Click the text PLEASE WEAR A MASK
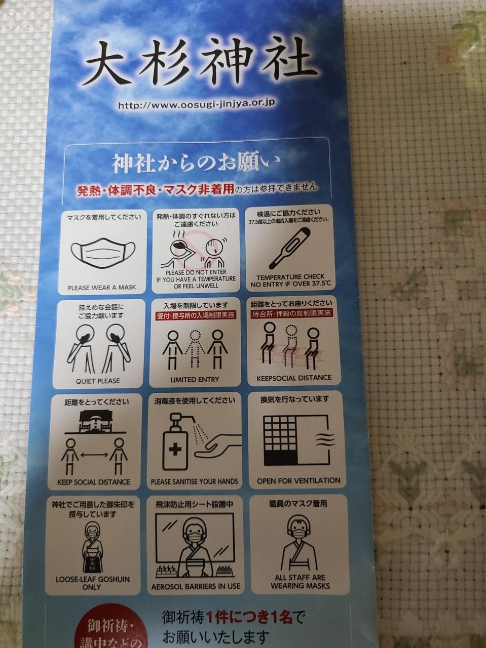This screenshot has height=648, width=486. point(102,287)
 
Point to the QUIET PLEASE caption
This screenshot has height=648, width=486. point(98,381)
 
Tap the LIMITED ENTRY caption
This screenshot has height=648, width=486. point(195,380)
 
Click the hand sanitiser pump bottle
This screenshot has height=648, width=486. point(175,442)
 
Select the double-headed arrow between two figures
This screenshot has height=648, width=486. point(94,455)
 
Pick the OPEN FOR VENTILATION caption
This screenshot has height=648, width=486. point(298,480)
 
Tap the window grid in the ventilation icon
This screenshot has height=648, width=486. point(280,440)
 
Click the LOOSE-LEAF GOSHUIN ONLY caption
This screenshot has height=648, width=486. point(92,583)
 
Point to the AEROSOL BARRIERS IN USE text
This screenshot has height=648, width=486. point(196,586)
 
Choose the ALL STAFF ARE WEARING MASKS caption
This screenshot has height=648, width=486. point(300,581)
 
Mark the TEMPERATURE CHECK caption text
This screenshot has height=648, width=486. point(290,277)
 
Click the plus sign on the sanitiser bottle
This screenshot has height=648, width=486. point(175,450)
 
